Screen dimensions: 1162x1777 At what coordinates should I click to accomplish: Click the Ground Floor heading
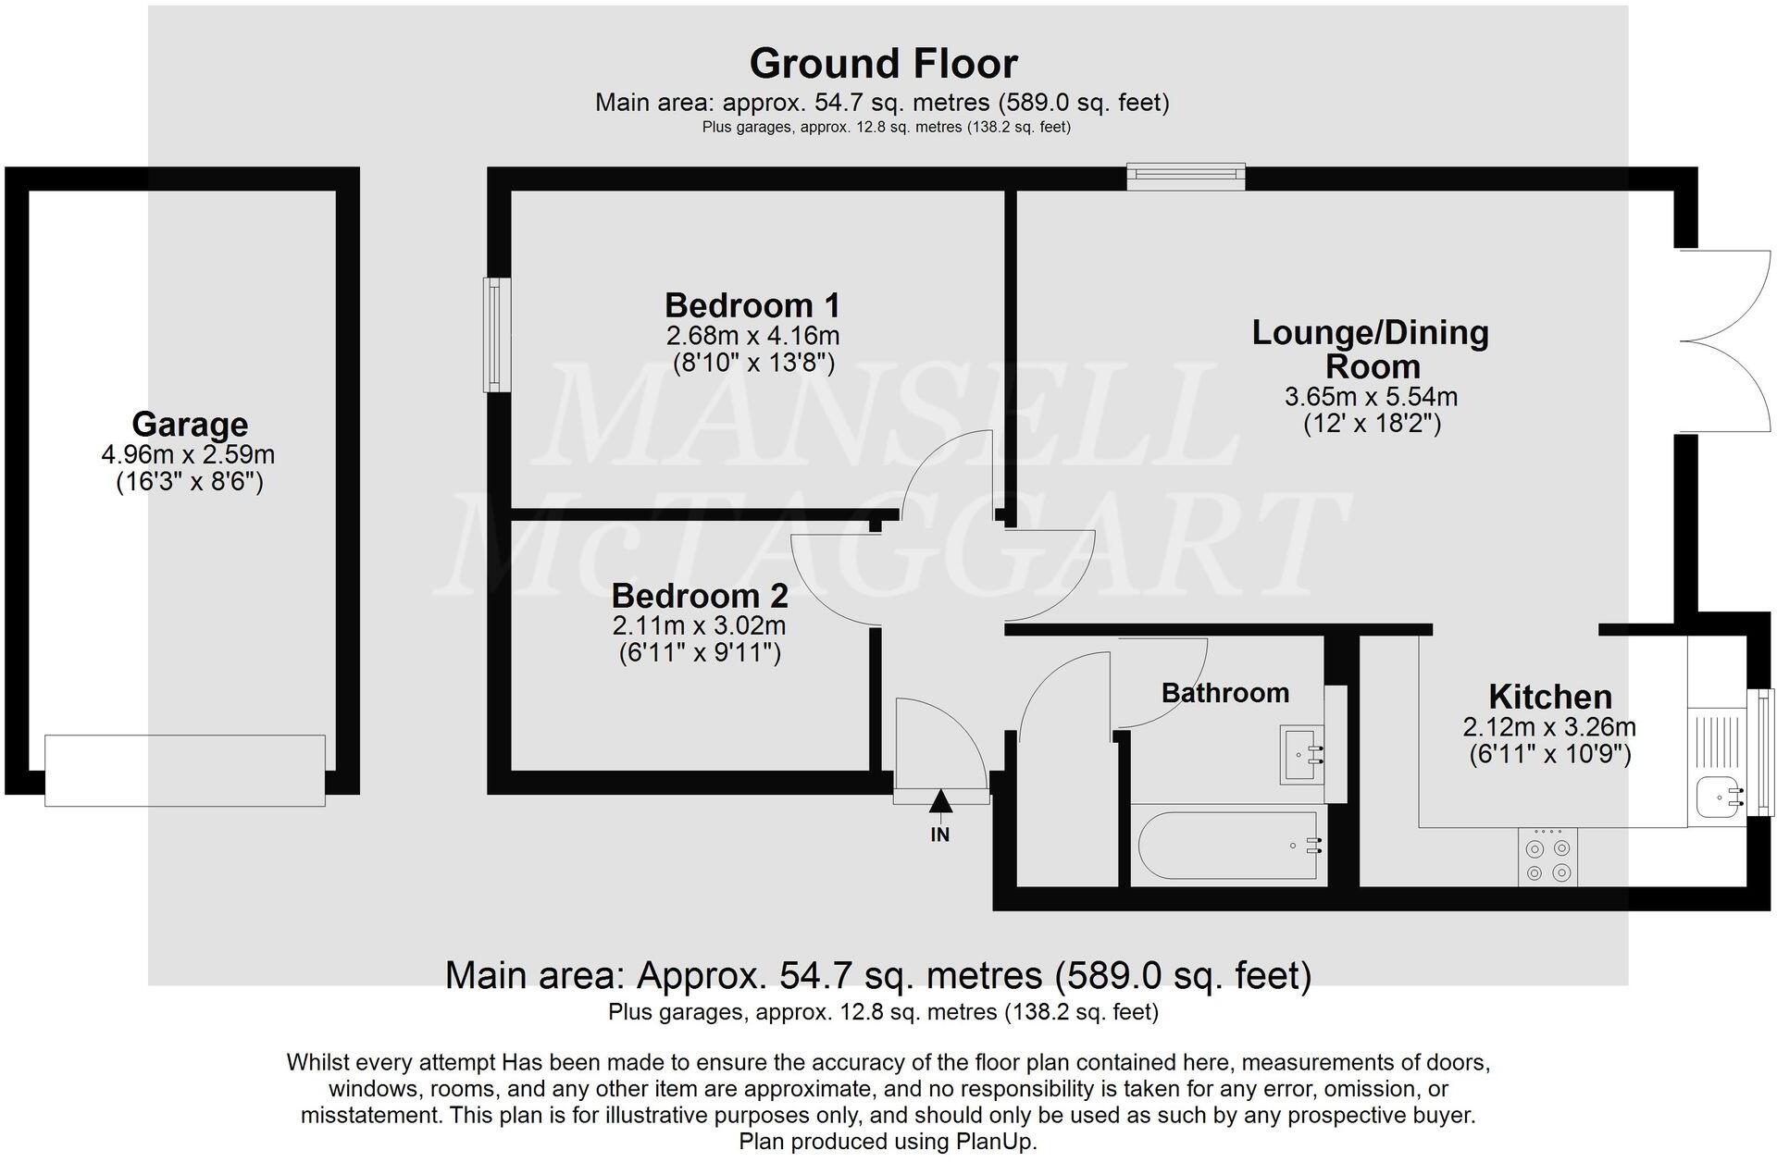pyautogui.click(x=883, y=64)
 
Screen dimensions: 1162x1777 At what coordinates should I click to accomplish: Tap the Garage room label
pyautogui.click(x=190, y=425)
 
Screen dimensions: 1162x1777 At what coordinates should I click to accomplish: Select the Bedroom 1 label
pyautogui.click(x=752, y=305)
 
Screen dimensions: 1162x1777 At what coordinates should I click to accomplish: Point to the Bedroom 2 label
pyautogui.click(x=699, y=595)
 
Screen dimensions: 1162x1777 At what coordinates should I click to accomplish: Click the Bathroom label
pyautogui.click(x=1224, y=693)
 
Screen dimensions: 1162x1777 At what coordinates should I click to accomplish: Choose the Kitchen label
pyautogui.click(x=1549, y=697)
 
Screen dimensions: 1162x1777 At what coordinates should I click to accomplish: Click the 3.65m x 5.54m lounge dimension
pyautogui.click(x=1371, y=398)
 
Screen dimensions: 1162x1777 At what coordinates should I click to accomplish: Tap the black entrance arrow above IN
pyautogui.click(x=940, y=801)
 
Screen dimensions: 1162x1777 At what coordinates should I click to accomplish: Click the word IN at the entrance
pyautogui.click(x=939, y=835)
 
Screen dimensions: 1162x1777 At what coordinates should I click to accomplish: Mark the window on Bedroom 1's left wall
pyautogui.click(x=498, y=335)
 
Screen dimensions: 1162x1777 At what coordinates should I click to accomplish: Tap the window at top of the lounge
pyautogui.click(x=1186, y=177)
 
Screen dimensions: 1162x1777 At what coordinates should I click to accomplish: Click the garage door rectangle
pyautogui.click(x=185, y=771)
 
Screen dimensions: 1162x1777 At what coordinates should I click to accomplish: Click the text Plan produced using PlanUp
pyautogui.click(x=887, y=1142)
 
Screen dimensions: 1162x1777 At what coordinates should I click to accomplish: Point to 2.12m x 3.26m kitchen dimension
pyautogui.click(x=1549, y=727)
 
